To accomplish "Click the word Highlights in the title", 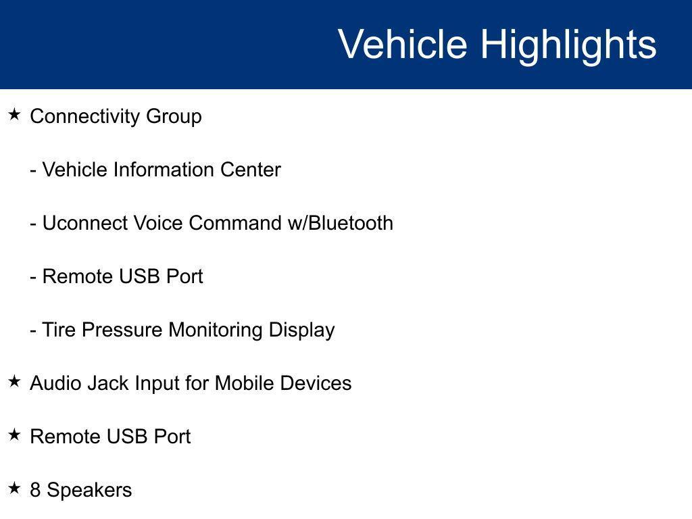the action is pyautogui.click(x=568, y=46).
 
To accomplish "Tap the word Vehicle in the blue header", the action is pyautogui.click(x=403, y=44).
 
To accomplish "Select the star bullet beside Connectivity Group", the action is pyautogui.click(x=15, y=115).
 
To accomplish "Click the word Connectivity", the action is pyautogui.click(x=85, y=117).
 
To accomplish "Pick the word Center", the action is pyautogui.click(x=251, y=170).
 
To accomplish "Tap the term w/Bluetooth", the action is pyautogui.click(x=341, y=223).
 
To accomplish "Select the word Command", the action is pyautogui.click(x=235, y=223).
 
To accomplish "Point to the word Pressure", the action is pyautogui.click(x=122, y=330).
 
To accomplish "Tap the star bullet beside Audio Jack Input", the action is pyautogui.click(x=15, y=381).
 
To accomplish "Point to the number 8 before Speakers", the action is pyautogui.click(x=35, y=490).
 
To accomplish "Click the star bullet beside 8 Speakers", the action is pyautogui.click(x=15, y=488).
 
